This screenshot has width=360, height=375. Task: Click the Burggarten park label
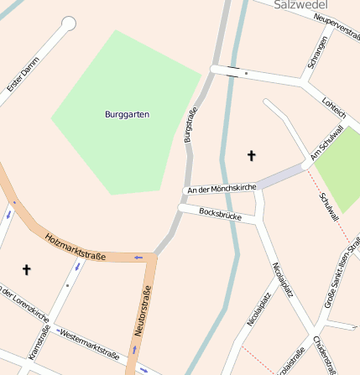click(128, 114)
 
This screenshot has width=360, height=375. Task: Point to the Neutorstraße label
click(143, 310)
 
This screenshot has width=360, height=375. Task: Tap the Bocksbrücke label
click(222, 215)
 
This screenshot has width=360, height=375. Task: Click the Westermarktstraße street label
click(90, 342)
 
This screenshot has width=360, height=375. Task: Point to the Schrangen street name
click(317, 52)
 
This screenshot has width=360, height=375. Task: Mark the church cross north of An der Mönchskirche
click(250, 155)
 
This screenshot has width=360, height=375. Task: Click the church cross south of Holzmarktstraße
click(26, 269)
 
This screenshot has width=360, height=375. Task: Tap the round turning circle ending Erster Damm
click(69, 23)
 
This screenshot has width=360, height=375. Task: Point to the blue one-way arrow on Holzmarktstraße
click(138, 257)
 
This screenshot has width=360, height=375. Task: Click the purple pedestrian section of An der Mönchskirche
click(282, 176)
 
